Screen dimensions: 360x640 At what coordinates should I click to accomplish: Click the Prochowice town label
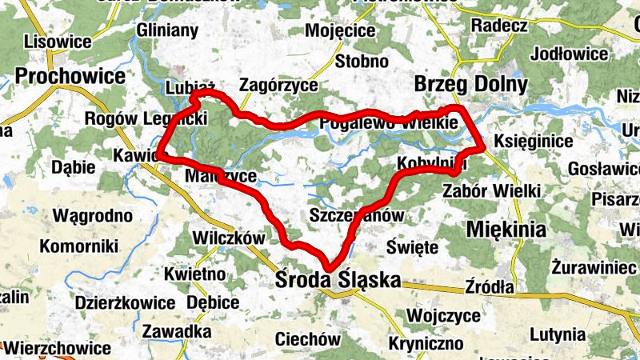(70, 76)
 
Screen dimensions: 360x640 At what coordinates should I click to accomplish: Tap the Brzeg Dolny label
(470, 84)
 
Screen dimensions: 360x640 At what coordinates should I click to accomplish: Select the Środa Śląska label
(337, 281)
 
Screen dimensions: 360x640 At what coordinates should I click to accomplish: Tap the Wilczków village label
(229, 238)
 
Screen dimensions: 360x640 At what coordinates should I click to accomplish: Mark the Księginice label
(534, 142)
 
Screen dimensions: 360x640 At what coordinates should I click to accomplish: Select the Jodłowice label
(569, 54)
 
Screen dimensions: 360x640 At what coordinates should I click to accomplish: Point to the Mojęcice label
(340, 30)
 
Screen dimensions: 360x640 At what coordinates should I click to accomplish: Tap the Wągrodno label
(91, 215)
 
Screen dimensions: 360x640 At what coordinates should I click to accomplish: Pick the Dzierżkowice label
(125, 302)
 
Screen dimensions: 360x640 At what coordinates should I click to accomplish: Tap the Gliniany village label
(167, 30)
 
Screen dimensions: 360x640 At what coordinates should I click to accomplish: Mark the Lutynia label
(570, 334)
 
